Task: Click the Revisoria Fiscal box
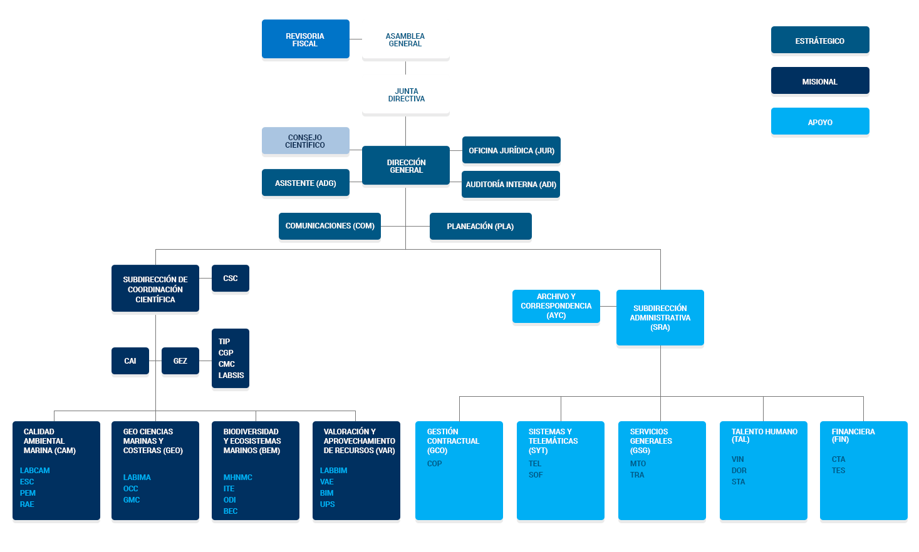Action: pyautogui.click(x=305, y=39)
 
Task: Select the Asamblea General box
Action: pyautogui.click(x=405, y=39)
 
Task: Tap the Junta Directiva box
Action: pyautogui.click(x=405, y=95)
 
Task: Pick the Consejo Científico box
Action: pyautogui.click(x=305, y=141)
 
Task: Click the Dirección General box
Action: pyautogui.click(x=405, y=166)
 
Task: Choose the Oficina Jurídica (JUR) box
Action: pyautogui.click(x=511, y=150)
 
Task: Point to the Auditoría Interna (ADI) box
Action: pyautogui.click(x=511, y=185)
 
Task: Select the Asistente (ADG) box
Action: pyautogui.click(x=305, y=183)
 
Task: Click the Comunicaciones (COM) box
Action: pyautogui.click(x=330, y=226)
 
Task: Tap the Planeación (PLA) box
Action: pyautogui.click(x=480, y=227)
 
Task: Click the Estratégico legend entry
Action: pyautogui.click(x=819, y=41)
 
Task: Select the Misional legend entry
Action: pyautogui.click(x=819, y=81)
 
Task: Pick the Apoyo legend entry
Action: pyautogui.click(x=819, y=122)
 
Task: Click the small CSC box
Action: pyautogui.click(x=230, y=279)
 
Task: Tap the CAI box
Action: pyautogui.click(x=130, y=361)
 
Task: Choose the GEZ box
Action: pyautogui.click(x=180, y=361)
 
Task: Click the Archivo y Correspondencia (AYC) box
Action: pyautogui.click(x=556, y=306)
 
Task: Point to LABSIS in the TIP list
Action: pyautogui.click(x=231, y=376)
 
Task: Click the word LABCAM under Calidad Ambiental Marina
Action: pyautogui.click(x=35, y=471)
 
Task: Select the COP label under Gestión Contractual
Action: pyautogui.click(x=434, y=464)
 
